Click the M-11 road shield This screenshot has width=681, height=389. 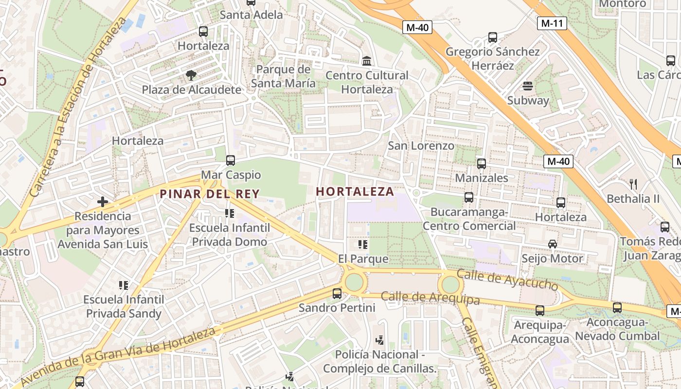coord(552,23)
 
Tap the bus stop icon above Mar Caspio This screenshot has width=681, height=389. coord(231,160)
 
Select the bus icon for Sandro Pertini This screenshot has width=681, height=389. coord(337,294)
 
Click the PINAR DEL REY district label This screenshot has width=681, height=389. coord(210,194)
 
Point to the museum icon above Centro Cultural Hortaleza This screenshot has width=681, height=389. coord(367,61)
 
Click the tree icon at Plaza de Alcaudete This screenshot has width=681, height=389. coord(191,75)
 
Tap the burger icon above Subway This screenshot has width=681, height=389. coord(528,87)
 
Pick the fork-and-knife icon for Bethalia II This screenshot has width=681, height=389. coord(633,184)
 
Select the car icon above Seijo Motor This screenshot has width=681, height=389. coord(552,244)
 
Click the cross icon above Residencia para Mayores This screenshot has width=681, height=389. coord(103,201)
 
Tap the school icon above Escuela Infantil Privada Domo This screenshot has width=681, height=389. coord(229,213)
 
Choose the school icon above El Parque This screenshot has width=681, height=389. coord(362,244)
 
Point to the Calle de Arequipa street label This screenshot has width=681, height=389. coord(430,298)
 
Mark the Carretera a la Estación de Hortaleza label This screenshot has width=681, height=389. coord(78,107)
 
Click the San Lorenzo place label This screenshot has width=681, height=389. coord(421,145)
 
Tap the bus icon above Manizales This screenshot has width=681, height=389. coord(481,164)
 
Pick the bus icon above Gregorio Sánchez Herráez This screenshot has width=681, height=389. coord(492,37)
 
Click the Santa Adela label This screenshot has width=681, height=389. coord(251,15)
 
